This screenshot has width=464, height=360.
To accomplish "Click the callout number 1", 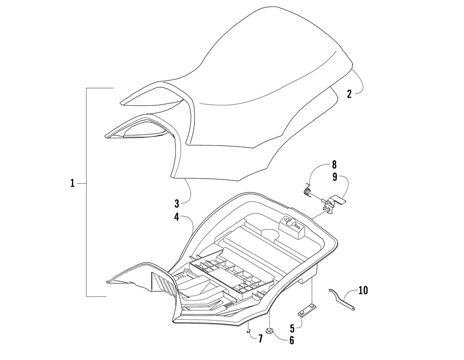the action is coord(72,183).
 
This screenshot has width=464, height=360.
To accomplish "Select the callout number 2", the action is coord(349,94).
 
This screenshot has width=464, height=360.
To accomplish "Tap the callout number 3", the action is coord(177,204).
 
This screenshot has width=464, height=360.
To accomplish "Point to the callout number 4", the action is coord(177,217).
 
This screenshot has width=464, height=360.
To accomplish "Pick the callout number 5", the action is coord(292,328).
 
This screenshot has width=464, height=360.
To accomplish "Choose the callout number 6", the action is coord(292,341).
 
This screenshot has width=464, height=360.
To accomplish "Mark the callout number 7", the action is coord(260,339).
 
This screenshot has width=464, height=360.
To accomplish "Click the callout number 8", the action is coord(334,165).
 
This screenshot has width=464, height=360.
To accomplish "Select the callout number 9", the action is coord(335,177).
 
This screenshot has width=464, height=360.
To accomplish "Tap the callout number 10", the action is coord(363,290).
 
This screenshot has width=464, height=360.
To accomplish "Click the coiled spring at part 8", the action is coord(308,192).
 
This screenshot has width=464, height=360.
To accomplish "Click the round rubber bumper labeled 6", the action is coord(269,330).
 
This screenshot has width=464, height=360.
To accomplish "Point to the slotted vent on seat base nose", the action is coord(163,284).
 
